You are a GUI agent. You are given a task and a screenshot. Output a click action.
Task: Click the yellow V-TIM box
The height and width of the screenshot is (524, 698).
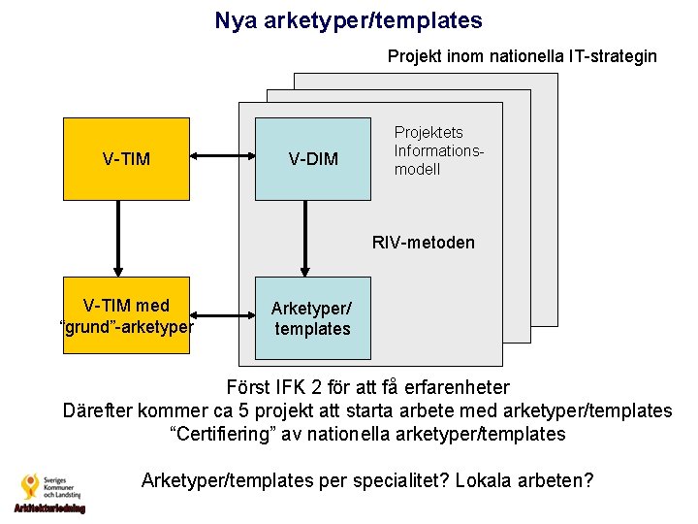(126, 158)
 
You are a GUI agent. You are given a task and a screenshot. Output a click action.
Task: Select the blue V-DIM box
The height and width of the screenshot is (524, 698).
(312, 158)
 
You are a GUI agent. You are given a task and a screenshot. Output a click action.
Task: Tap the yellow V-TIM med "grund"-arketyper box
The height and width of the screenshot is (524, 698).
(126, 315)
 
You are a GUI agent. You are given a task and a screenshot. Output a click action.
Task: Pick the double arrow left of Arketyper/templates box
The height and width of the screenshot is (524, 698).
(222, 315)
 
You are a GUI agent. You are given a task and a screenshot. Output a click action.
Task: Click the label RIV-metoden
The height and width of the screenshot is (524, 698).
(424, 243)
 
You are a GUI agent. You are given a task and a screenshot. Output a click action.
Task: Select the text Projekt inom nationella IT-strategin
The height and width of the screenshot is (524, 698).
(522, 56)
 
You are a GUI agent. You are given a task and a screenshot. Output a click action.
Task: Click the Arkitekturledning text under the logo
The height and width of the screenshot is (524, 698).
(49, 508)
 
